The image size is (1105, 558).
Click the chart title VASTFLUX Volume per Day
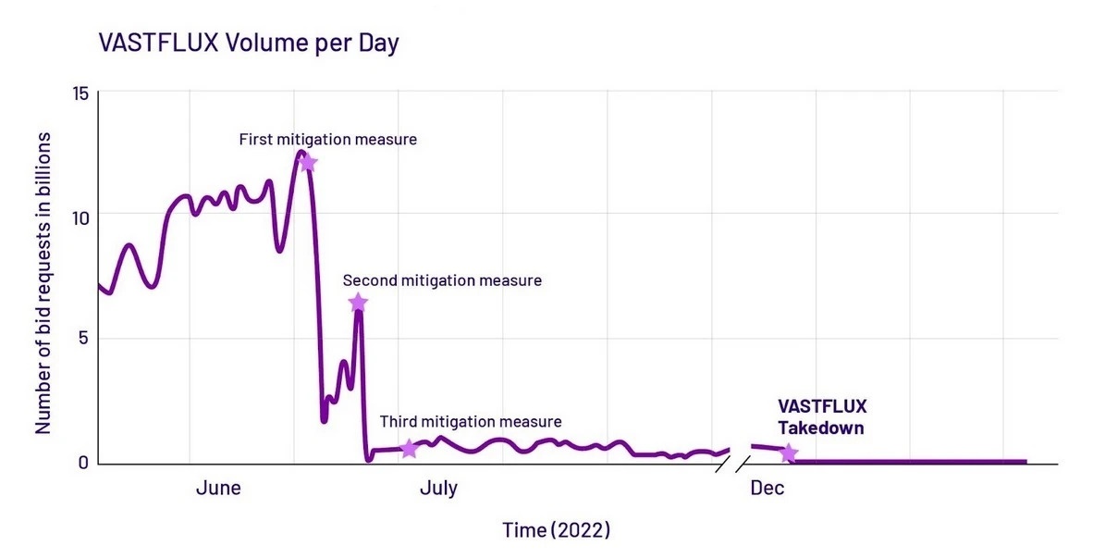pos(249,43)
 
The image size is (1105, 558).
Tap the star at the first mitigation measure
pos(308,164)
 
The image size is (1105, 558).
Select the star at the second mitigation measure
pos(358,303)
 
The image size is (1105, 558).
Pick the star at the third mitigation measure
pos(409,449)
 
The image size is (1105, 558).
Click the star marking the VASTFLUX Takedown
pos(788,453)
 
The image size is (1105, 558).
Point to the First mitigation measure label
pos(327,140)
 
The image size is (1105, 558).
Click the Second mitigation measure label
pos(442,279)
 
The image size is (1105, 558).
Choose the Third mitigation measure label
pos(470,422)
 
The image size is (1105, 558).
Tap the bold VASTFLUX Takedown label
pos(821,416)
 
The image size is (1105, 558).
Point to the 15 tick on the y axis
pos(80,93)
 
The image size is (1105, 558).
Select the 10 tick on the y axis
pos(80,217)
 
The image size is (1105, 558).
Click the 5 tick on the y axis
pos(83,339)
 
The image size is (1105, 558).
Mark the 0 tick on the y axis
pos(83,462)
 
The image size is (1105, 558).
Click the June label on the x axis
pos(218,488)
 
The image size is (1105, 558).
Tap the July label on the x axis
pos(438,488)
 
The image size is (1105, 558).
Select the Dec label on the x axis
pos(767,488)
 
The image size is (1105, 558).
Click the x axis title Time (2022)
pos(557,530)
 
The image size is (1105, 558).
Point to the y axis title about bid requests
pos(43,282)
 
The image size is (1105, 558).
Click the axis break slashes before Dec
pos(731,464)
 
